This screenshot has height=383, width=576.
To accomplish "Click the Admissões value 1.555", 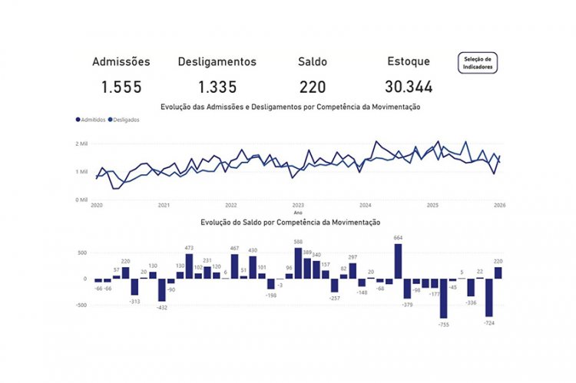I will point(121,87).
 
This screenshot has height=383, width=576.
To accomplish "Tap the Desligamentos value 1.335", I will point(217,87).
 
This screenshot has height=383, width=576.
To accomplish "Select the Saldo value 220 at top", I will point(313,87).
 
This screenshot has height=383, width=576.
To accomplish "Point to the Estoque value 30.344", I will point(409,87).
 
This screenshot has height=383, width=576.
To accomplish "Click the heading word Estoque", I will point(409,61).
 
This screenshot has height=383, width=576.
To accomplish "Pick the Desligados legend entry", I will point(126,120).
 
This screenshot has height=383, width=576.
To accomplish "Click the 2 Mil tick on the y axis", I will point(82,144).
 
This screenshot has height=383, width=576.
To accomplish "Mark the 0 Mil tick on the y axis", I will point(82,200).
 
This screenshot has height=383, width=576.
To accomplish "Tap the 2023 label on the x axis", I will point(298,206).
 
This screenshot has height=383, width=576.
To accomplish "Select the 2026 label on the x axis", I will point(499,206).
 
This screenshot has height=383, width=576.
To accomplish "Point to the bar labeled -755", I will point(443,298).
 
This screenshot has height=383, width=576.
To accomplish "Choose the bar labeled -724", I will point(488,297).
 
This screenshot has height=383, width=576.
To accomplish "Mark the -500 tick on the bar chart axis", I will point(81,305).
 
